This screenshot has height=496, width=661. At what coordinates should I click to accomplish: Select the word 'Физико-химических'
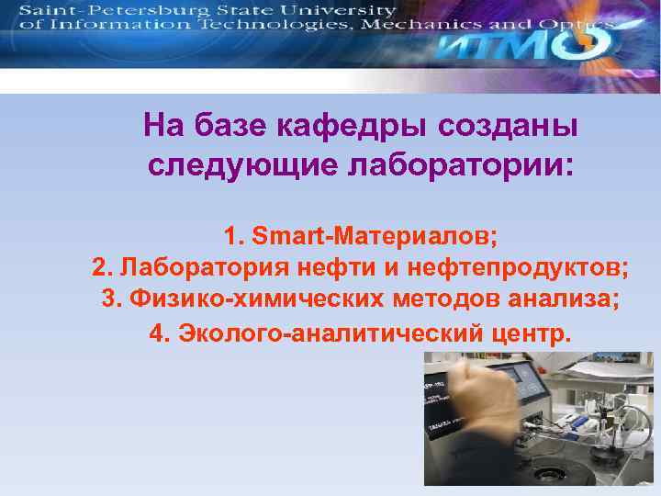230,299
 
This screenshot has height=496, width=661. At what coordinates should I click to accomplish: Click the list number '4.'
160,331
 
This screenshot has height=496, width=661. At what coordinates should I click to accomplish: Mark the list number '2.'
102,268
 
